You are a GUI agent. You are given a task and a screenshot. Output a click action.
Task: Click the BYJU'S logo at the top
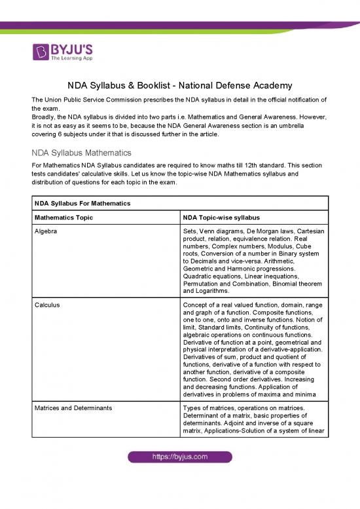[x=63, y=50]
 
